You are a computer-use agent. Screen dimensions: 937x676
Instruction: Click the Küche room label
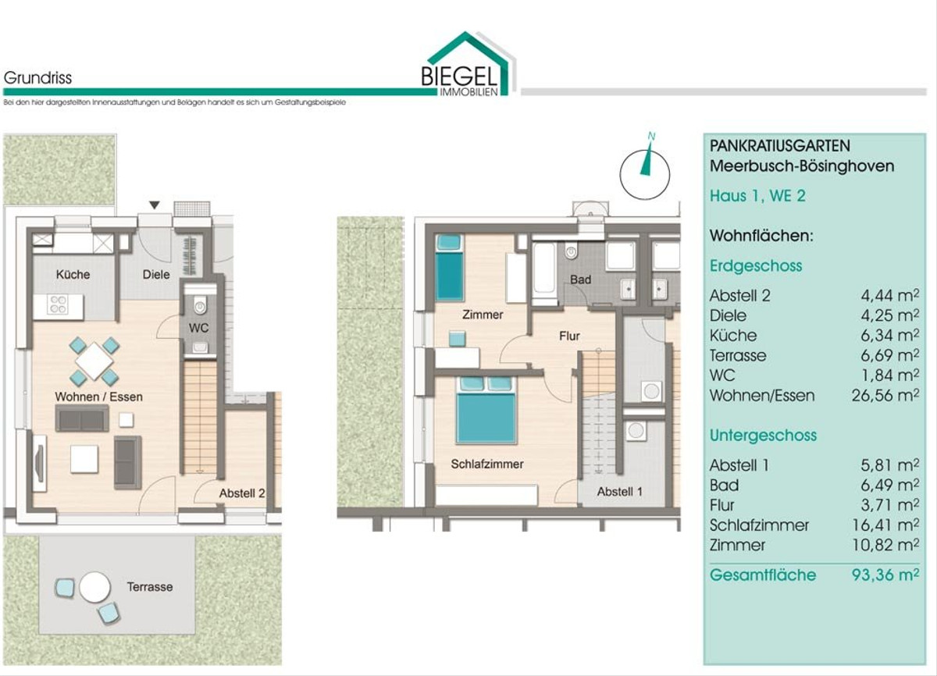tap(73, 274)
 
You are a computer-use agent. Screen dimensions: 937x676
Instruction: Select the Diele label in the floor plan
tap(156, 274)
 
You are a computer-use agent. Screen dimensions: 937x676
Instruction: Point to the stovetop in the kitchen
tap(57, 304)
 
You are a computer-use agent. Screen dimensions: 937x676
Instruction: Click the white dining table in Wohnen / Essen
tap(94, 361)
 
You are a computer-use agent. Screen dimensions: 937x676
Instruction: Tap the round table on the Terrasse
tap(95, 587)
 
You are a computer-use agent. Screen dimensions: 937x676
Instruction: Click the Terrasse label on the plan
tap(150, 587)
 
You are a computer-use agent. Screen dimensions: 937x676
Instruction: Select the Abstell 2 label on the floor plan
tap(242, 493)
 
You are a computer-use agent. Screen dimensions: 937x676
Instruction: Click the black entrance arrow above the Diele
tap(155, 205)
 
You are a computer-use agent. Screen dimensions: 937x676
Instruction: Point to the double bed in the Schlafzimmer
tap(486, 410)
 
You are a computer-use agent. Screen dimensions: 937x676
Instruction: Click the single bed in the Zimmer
tap(449, 268)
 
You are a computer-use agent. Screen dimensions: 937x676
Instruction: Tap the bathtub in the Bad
tap(544, 272)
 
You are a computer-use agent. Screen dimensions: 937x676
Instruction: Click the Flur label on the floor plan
tap(569, 336)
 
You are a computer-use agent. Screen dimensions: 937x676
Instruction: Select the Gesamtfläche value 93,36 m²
tap(885, 575)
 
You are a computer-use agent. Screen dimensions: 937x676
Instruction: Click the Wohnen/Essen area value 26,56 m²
tap(885, 395)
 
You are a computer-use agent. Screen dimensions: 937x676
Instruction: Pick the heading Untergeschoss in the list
tap(763, 436)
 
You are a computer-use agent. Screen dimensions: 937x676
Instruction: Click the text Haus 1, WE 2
tap(757, 196)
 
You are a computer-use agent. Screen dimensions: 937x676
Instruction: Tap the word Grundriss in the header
tap(37, 78)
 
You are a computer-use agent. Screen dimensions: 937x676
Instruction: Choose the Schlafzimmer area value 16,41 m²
tap(885, 525)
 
